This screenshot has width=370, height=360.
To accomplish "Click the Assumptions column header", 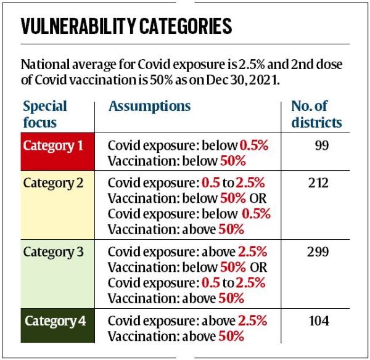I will pos(150,107).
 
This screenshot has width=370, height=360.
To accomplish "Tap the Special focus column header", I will pos(44,114).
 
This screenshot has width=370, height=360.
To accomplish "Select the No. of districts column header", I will pos(316,114).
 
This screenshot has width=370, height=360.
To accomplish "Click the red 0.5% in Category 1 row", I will pos(255,146).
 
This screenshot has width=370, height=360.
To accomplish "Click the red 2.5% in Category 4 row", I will pos(252,321).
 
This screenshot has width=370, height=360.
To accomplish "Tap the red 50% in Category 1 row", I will pos(233,161).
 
